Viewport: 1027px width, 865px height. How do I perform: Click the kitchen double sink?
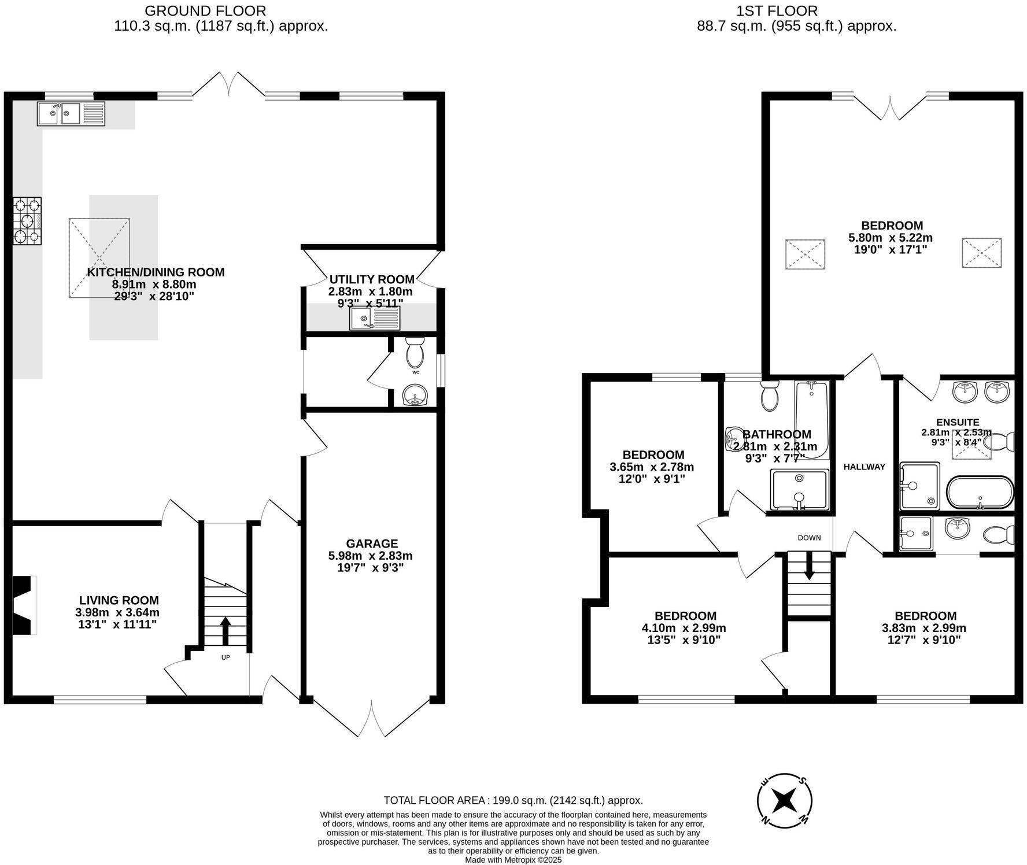coord(71,113)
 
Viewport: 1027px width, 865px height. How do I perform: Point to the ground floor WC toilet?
coord(415,353)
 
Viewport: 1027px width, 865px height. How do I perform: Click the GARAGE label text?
coord(372,544)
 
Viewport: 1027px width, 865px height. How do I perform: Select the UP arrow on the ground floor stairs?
coord(225,630)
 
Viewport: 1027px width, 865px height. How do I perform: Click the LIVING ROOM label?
coord(119,601)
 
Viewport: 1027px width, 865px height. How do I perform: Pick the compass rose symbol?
coord(785,801)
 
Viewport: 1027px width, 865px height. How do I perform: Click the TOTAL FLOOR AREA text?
coord(513,800)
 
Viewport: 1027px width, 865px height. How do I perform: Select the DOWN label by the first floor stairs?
coord(809,538)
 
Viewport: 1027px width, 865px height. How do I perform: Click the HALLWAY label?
coord(864,467)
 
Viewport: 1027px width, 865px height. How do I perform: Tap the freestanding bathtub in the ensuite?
coord(980,493)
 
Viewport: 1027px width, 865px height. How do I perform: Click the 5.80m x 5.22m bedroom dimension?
coord(890,238)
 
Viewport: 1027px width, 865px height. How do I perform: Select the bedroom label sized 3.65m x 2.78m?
coord(653,455)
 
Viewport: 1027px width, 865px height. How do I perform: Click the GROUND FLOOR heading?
coord(205,10)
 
